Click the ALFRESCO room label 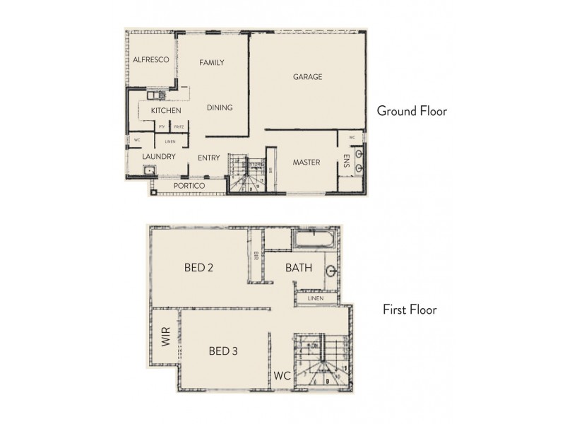[x=150, y=61]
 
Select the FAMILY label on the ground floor [x=211, y=63]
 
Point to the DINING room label [x=220, y=108]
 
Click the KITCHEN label [x=166, y=111]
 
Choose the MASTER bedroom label [x=307, y=163]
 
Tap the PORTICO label [x=189, y=185]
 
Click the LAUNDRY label [x=158, y=158]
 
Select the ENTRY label [x=209, y=158]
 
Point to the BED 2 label [x=198, y=268]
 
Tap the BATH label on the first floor [x=299, y=269]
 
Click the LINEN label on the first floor [x=315, y=300]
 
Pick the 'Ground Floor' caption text [x=412, y=111]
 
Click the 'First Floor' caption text [x=410, y=310]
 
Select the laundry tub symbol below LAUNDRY [x=150, y=170]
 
